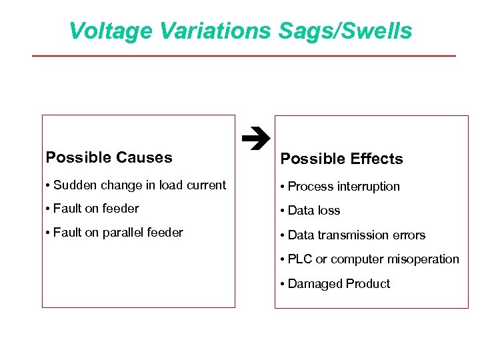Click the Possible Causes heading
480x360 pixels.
(109, 157)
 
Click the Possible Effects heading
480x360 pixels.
(341, 159)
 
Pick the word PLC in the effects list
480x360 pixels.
(301, 259)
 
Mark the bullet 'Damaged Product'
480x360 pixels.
(335, 283)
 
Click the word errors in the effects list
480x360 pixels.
(410, 235)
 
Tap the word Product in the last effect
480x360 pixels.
(367, 283)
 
